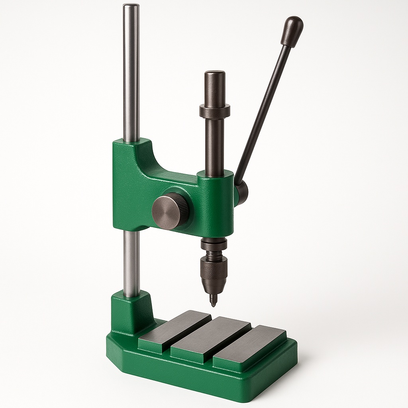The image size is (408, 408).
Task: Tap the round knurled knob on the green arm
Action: tap(169, 211)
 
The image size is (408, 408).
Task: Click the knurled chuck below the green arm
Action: tap(214, 273)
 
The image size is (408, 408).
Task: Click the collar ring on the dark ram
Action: tap(215, 111)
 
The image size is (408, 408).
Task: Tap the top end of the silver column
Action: tap(131, 7)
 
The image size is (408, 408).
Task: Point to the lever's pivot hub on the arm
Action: tap(241, 192)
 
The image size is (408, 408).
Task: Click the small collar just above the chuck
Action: tap(214, 243)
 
